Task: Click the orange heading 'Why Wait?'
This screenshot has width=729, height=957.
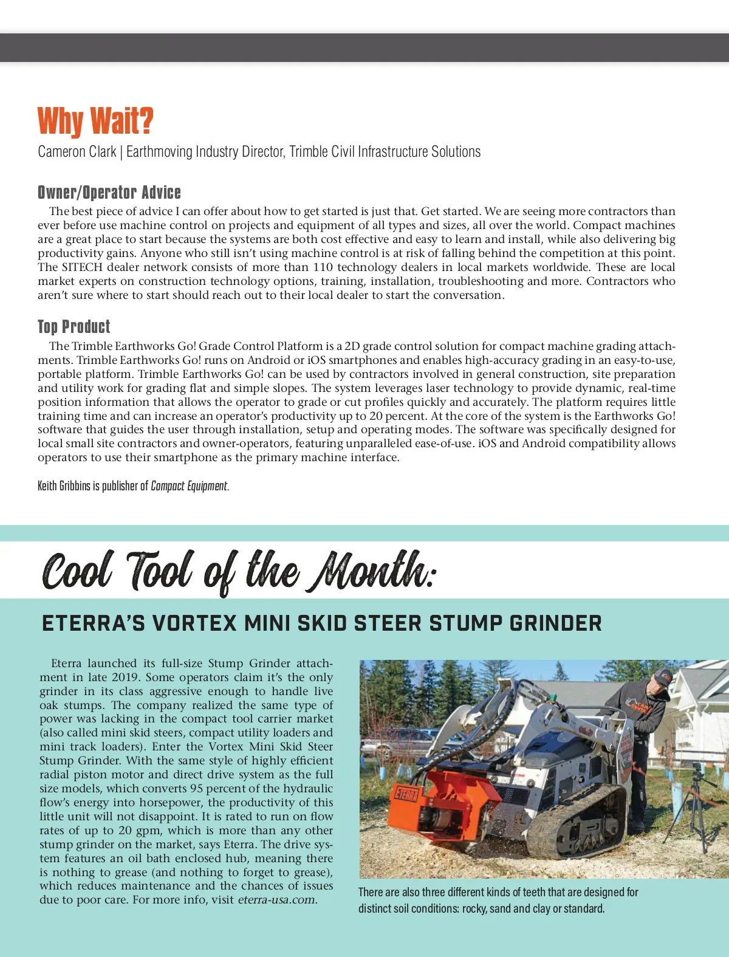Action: [95, 121]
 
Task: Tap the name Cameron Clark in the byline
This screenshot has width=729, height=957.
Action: [77, 152]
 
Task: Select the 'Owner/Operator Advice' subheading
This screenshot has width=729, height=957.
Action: [109, 193]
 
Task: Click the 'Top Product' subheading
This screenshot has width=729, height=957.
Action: [74, 327]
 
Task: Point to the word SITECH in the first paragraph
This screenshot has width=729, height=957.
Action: [82, 267]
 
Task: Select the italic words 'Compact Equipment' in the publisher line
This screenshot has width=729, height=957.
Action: [189, 486]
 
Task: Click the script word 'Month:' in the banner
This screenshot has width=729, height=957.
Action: [372, 571]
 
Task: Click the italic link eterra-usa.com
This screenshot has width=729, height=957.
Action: [276, 900]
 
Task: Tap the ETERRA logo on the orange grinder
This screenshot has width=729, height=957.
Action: [405, 793]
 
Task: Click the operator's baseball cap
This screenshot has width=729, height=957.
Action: [663, 676]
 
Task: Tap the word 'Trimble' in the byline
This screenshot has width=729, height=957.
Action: [309, 152]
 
